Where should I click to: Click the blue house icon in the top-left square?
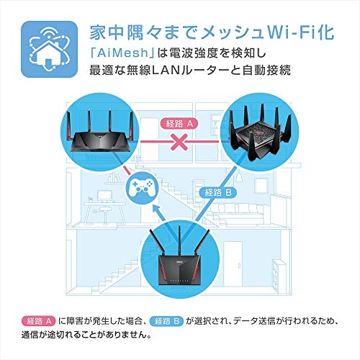[x=49, y=49]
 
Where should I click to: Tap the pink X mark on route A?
[x=179, y=142]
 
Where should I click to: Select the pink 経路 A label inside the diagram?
[x=179, y=124]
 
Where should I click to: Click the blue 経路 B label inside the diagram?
[x=218, y=192]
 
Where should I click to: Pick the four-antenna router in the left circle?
[x=100, y=133]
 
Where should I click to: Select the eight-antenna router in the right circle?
[x=259, y=135]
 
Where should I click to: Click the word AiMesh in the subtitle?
[x=122, y=53]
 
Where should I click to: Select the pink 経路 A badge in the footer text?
[x=38, y=321]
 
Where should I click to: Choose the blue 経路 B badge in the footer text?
[x=166, y=321]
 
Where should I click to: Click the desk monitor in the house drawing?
[x=105, y=197]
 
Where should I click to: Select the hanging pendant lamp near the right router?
[x=238, y=177]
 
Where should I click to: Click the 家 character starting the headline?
[x=98, y=33]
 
